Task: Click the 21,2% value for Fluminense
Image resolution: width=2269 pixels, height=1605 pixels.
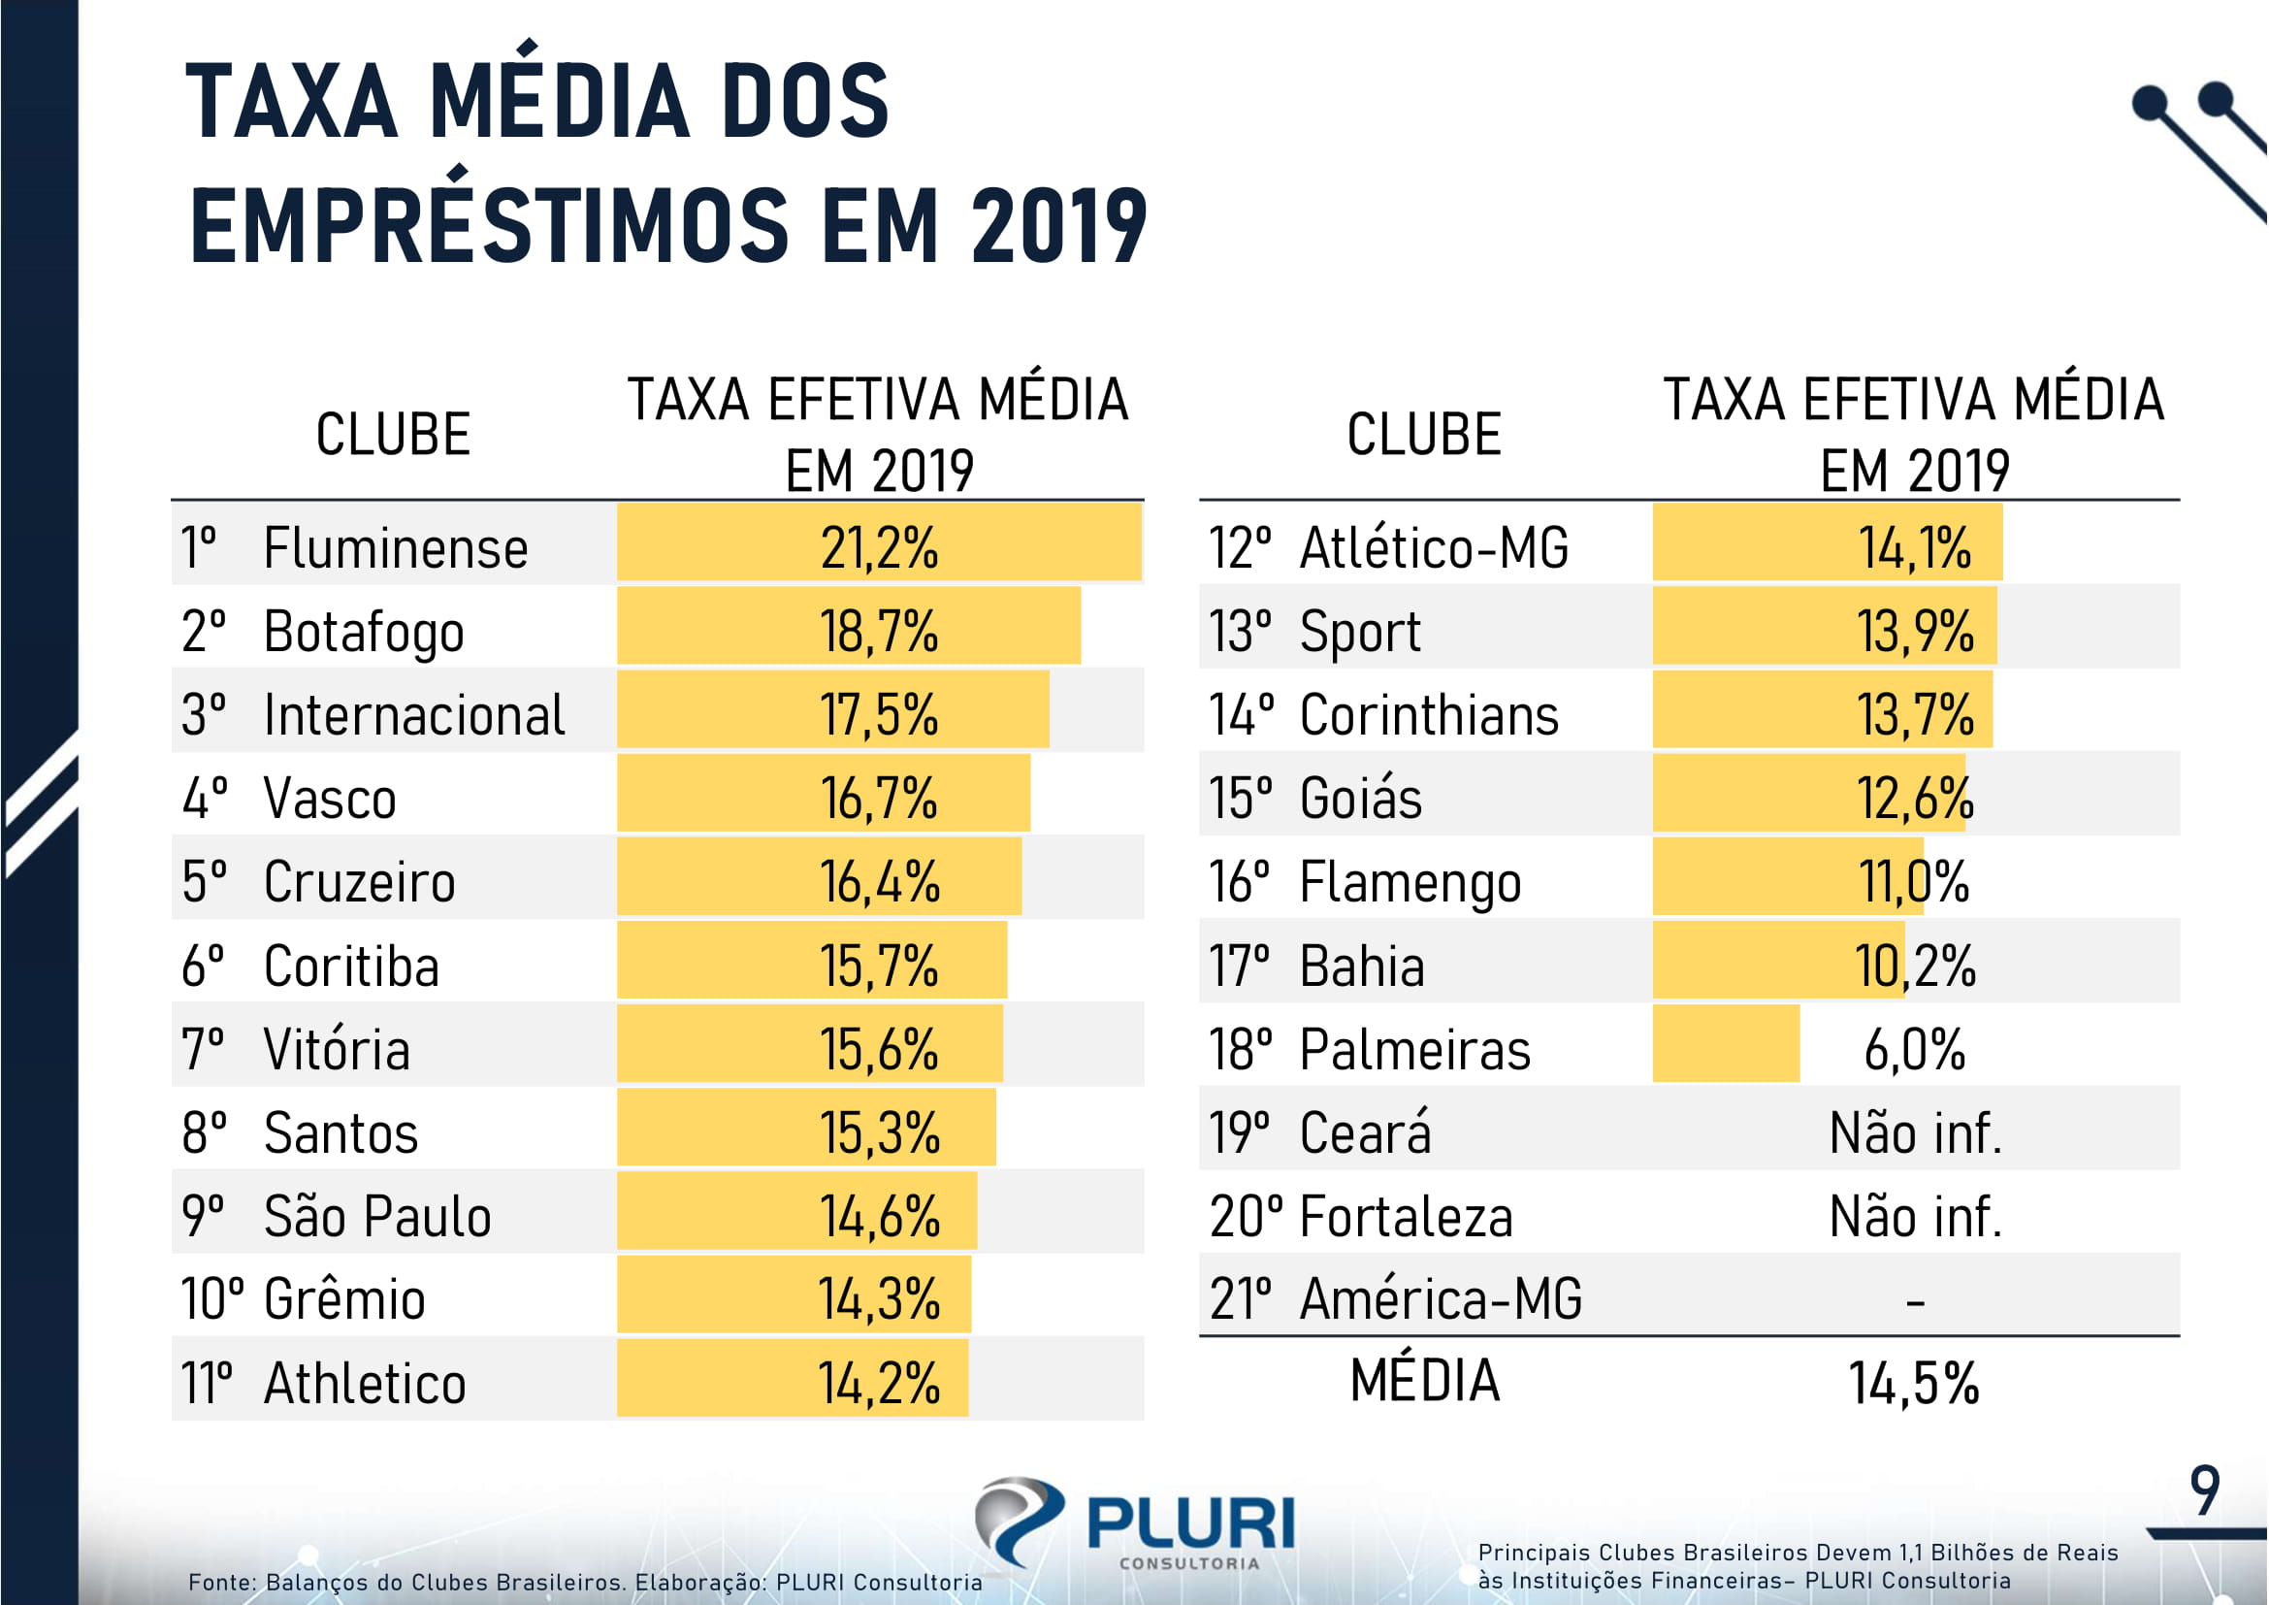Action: coord(879,548)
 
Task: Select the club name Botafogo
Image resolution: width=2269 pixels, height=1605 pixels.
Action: coord(364,633)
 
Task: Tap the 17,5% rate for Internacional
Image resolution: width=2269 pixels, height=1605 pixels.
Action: coord(879,715)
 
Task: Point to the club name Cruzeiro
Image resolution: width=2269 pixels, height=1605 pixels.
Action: coord(360,882)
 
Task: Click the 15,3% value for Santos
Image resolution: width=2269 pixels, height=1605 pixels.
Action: coord(879,1133)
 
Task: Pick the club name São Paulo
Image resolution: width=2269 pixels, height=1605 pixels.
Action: coord(377,1217)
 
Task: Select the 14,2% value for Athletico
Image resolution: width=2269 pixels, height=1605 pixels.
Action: coord(879,1384)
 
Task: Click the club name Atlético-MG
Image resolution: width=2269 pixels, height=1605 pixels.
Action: coord(1434,548)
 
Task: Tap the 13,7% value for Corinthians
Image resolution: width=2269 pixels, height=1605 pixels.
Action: coord(1914,715)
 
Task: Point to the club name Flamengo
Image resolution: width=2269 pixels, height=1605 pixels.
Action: coord(1410,882)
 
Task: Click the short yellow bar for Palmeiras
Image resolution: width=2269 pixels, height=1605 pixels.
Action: coord(1726,1045)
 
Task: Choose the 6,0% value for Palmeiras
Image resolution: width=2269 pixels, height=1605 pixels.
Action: coord(1914,1050)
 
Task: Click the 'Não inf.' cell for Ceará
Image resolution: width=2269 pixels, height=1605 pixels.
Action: coord(1914,1133)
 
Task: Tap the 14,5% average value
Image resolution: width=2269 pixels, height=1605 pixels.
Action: coord(1914,1384)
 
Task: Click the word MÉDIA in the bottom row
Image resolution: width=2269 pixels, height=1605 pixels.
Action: coord(1425,1381)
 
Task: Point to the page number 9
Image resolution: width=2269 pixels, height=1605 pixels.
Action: coord(2205,1492)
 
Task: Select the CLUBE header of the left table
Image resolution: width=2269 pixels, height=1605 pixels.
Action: coord(392,435)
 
